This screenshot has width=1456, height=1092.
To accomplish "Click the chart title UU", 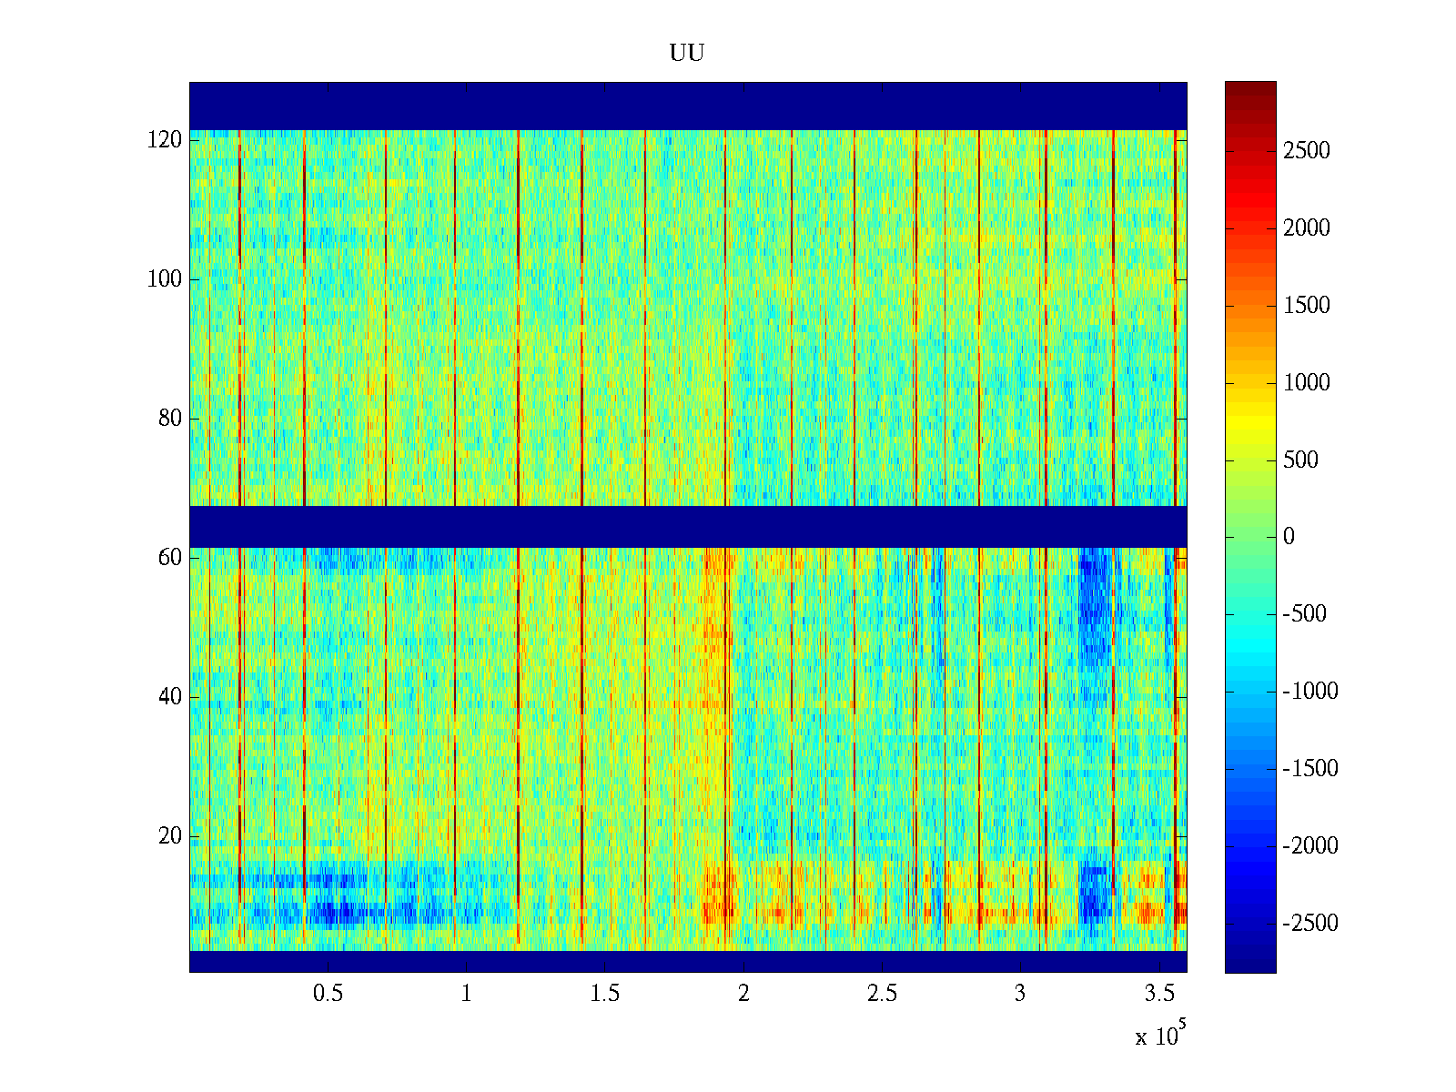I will pyautogui.click(x=687, y=54).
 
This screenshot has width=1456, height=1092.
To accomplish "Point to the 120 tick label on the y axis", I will pyautogui.click(x=165, y=140).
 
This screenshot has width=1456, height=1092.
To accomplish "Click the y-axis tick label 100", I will pyautogui.click(x=165, y=279).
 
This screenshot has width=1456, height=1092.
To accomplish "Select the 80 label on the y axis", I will pyautogui.click(x=170, y=419).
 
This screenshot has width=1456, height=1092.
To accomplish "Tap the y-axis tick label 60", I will pyautogui.click(x=170, y=558).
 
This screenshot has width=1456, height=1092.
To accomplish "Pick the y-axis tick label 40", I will pyautogui.click(x=170, y=697).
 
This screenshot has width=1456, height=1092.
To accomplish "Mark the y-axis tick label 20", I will pyautogui.click(x=170, y=836).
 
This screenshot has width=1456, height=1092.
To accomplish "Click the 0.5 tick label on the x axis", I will pyautogui.click(x=328, y=994).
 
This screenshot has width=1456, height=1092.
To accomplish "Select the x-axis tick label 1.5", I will pyautogui.click(x=605, y=994).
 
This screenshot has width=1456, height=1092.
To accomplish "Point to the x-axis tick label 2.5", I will pyautogui.click(x=882, y=994).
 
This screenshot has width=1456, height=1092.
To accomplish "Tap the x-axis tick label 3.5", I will pyautogui.click(x=1159, y=994).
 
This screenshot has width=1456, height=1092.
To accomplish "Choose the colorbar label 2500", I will pyautogui.click(x=1306, y=151).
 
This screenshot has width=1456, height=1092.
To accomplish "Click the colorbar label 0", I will pyautogui.click(x=1289, y=537).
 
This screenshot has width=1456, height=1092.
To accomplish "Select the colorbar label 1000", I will pyautogui.click(x=1306, y=383).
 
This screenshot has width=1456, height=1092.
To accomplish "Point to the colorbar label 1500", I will pyautogui.click(x=1306, y=306).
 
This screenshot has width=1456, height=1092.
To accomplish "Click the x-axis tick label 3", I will pyautogui.click(x=1020, y=994).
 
